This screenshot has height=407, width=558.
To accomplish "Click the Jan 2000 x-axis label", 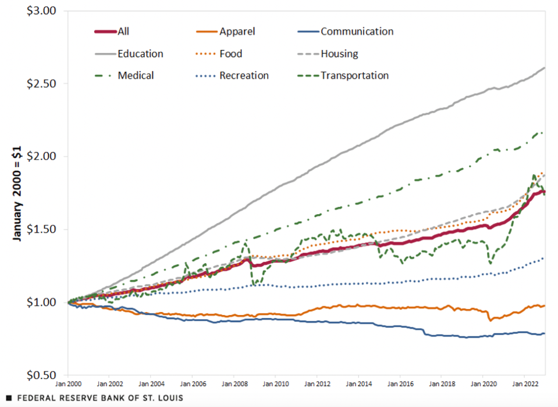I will (68, 385).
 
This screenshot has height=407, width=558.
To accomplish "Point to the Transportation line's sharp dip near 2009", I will (254, 284).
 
